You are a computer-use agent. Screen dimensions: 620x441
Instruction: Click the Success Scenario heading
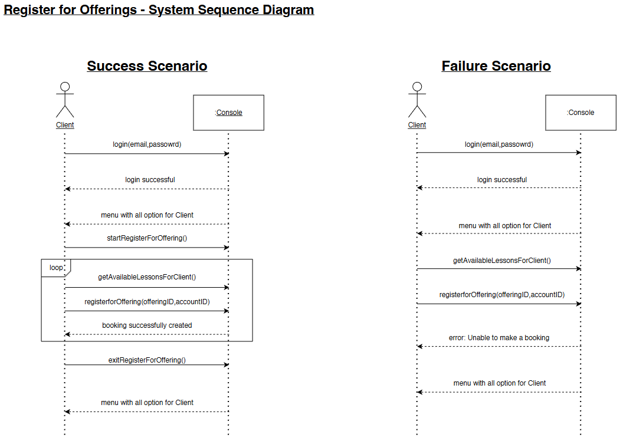[147, 66]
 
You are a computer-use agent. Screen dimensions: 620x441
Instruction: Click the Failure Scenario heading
[496, 66]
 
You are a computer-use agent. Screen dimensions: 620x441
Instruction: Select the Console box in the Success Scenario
[228, 113]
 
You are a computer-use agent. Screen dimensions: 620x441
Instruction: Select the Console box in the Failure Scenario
[580, 113]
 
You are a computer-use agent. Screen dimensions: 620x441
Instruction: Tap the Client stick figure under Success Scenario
[65, 100]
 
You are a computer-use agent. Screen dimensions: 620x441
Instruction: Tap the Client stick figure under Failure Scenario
[417, 100]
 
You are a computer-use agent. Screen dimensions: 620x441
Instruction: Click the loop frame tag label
[56, 268]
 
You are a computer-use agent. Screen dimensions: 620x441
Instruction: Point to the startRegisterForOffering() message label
[147, 238]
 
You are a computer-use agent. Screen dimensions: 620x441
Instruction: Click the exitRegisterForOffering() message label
[147, 360]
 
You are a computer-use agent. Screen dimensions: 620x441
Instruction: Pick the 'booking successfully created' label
[147, 325]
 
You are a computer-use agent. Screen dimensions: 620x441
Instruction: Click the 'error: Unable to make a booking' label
[499, 338]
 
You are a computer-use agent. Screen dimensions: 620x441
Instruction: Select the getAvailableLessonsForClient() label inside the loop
[147, 277]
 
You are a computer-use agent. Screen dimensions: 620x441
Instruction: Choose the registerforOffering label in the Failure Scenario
[502, 295]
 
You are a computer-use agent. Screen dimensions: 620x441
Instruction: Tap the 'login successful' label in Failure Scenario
[502, 180]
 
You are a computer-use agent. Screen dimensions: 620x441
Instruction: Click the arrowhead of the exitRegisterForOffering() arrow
[227, 365]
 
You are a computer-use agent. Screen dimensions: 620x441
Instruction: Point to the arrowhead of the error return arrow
[419, 347]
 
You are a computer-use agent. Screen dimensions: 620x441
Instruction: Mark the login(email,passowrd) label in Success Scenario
[147, 144]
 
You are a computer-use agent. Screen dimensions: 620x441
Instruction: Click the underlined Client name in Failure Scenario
[417, 125]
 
